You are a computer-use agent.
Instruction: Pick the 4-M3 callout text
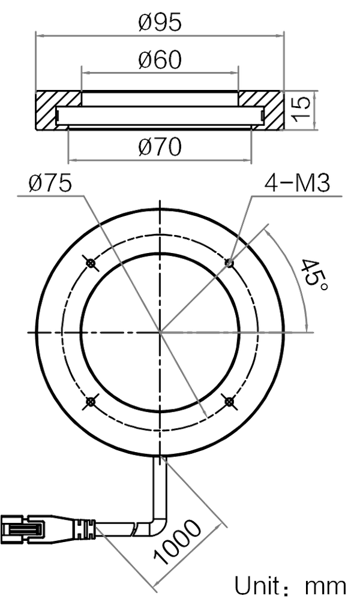pyautogui.click(x=298, y=185)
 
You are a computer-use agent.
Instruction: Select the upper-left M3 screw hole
pyautogui.click(x=91, y=262)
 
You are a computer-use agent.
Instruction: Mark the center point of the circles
pyautogui.click(x=160, y=331)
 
